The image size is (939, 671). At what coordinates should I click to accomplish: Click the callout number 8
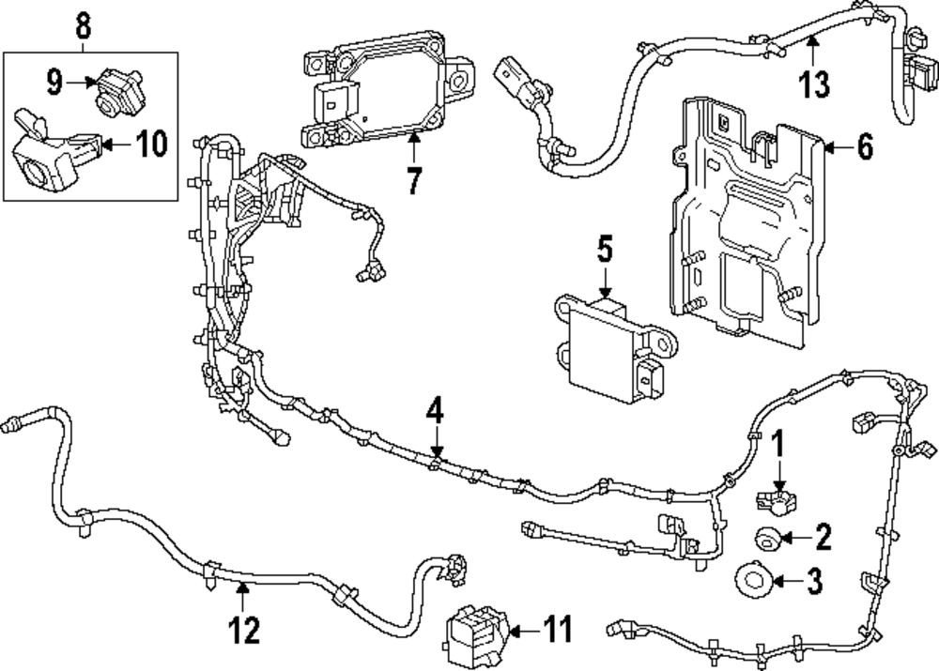[84, 25]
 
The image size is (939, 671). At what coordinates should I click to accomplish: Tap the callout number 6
[865, 146]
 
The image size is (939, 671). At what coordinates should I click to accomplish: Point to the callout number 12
[244, 630]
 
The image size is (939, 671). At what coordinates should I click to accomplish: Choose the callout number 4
[436, 411]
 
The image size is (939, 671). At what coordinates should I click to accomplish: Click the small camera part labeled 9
[116, 90]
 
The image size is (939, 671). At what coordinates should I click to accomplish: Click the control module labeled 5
[615, 348]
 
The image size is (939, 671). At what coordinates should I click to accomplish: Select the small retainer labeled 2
[766, 538]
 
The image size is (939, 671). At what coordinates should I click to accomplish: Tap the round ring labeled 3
[753, 581]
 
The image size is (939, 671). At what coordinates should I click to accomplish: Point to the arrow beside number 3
[788, 581]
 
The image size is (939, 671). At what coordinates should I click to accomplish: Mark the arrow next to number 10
[116, 144]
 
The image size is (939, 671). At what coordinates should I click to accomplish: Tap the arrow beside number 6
[839, 146]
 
